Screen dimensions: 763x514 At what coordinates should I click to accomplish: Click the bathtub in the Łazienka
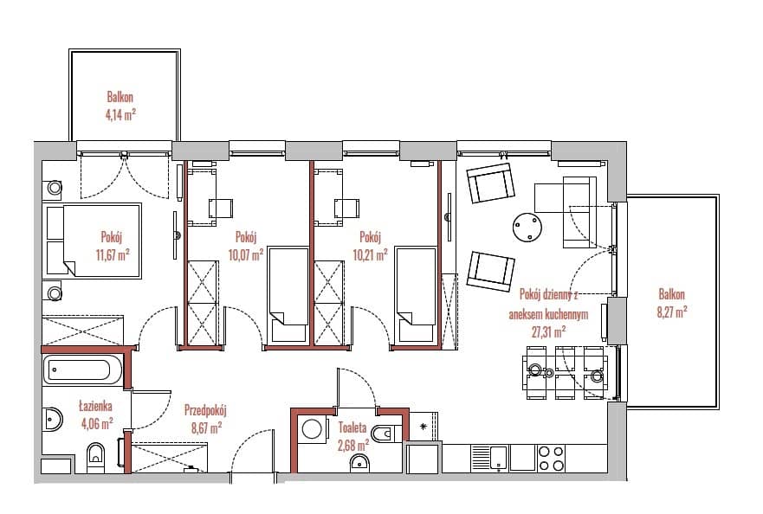click(x=83, y=370)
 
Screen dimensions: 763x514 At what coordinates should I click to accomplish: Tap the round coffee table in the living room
click(x=528, y=227)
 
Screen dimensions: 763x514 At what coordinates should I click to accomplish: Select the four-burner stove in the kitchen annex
click(x=552, y=459)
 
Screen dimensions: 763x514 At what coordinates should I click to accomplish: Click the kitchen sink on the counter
click(x=489, y=459)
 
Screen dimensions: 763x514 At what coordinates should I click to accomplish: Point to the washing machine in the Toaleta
click(x=312, y=429)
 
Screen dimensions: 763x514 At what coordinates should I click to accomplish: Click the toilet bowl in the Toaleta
click(x=386, y=433)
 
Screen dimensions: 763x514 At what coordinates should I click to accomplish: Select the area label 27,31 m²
click(x=548, y=332)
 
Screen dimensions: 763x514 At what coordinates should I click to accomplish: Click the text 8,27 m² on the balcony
click(x=672, y=312)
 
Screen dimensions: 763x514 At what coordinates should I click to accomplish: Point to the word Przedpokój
click(x=205, y=411)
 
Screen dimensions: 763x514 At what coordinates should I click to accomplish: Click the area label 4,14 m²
click(x=120, y=115)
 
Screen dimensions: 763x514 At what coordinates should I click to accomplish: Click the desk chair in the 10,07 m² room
click(x=221, y=209)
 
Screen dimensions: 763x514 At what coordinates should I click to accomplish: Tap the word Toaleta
click(x=352, y=428)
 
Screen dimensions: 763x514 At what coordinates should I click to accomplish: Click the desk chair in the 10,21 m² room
click(x=346, y=209)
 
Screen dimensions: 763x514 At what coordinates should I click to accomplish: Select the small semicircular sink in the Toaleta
click(x=359, y=463)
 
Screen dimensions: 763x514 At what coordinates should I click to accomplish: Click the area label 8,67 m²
click(x=206, y=428)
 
